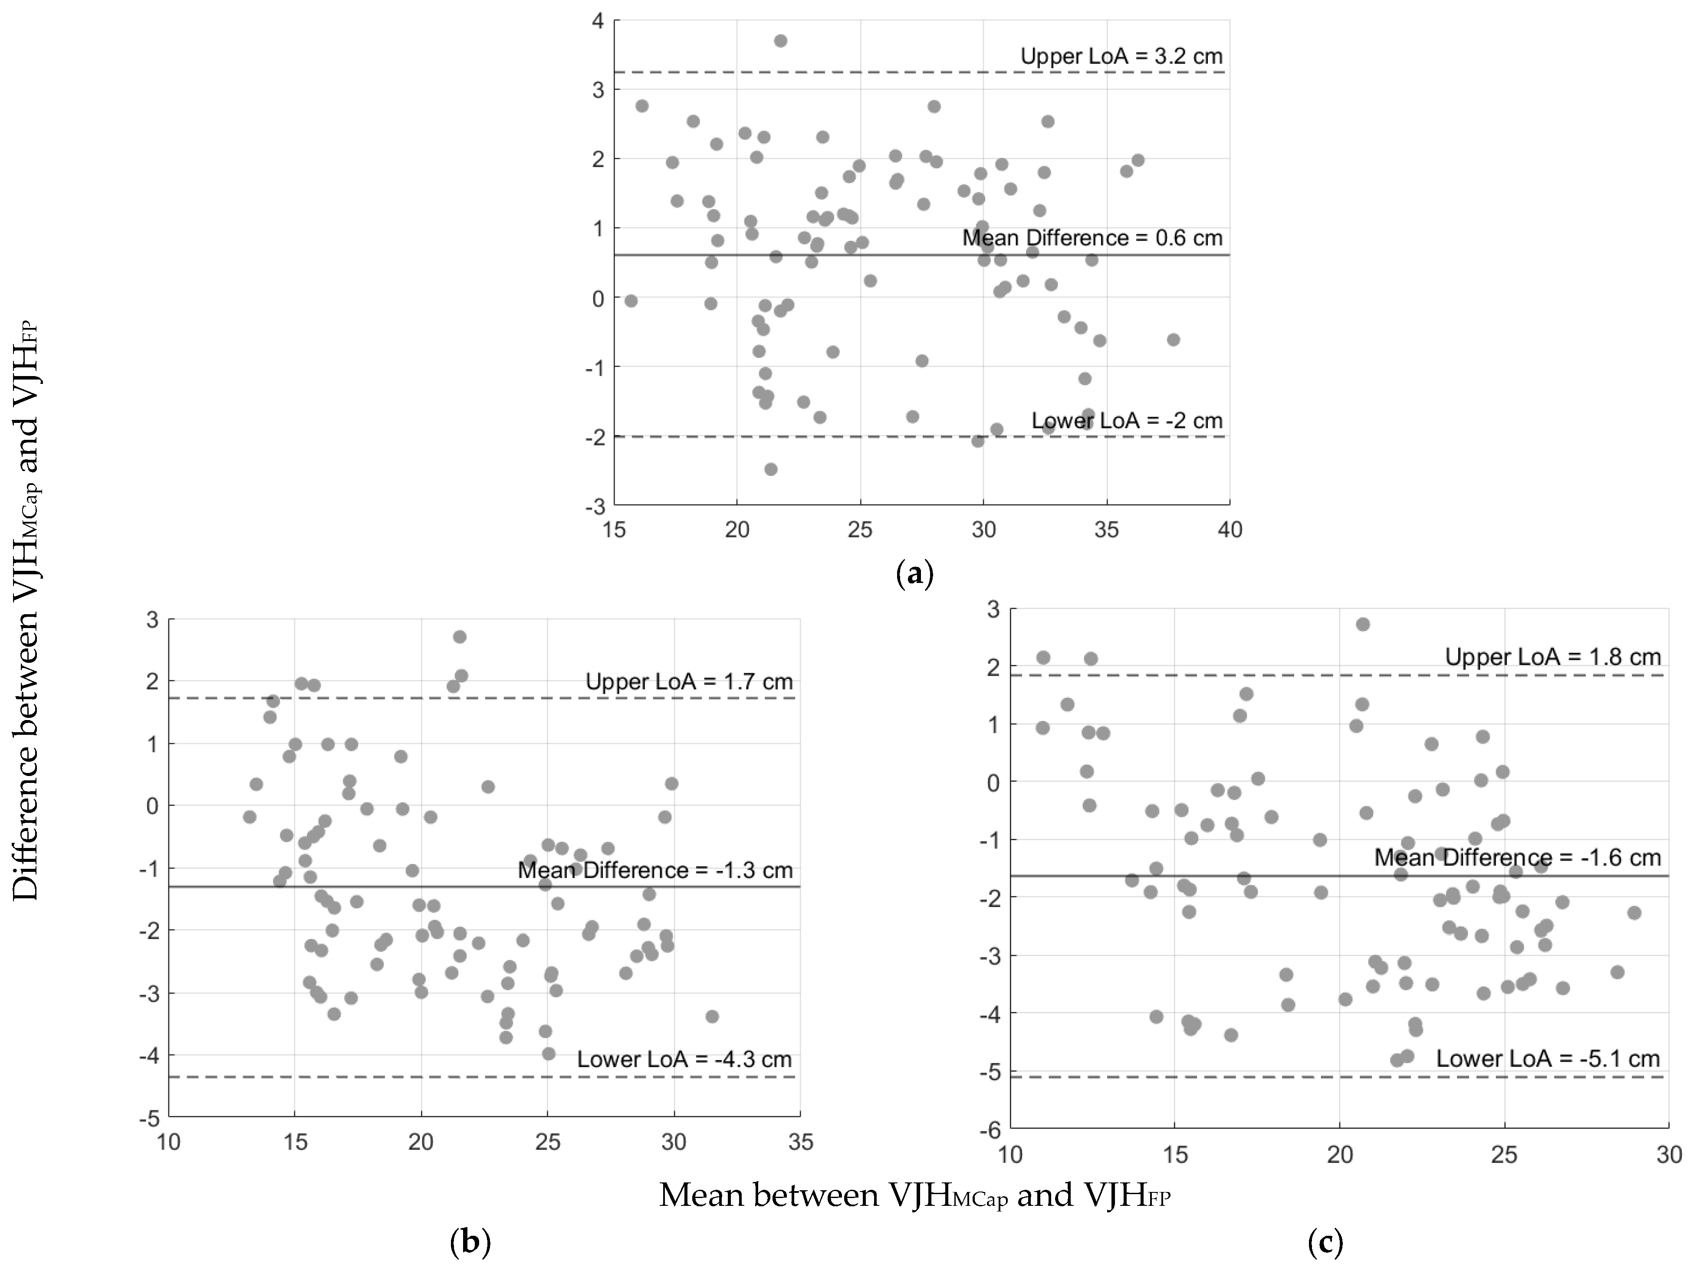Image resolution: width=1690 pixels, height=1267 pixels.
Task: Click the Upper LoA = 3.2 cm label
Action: tap(1121, 56)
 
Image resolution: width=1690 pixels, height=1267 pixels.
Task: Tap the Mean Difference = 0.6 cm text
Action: tap(1092, 238)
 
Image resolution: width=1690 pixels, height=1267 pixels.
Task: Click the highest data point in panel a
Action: tap(780, 40)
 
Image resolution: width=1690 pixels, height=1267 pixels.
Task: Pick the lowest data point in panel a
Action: tap(771, 469)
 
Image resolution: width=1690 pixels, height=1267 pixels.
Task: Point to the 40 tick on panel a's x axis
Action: tap(1229, 529)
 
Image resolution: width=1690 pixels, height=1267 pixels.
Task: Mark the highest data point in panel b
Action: tap(459, 636)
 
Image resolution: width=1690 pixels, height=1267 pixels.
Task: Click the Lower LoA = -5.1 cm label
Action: tap(1548, 1058)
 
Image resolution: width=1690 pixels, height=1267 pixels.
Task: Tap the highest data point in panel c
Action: tap(1362, 624)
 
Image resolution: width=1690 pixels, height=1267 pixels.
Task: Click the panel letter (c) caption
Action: tap(1325, 1243)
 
